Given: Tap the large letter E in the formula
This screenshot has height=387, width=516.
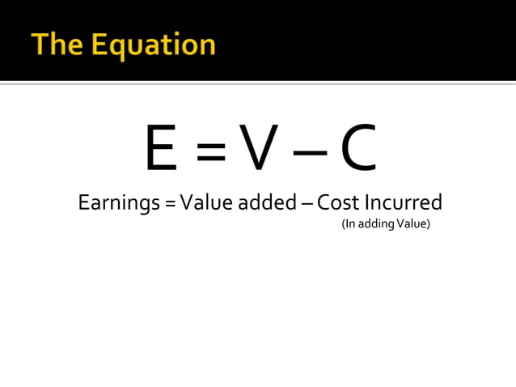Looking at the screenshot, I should (x=161, y=150).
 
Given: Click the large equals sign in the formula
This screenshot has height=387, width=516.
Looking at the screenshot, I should (x=209, y=151).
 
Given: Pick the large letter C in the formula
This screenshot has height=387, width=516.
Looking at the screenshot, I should (x=358, y=150).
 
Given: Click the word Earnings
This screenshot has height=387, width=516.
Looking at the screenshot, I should (x=119, y=203).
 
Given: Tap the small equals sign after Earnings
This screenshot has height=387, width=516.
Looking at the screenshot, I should (x=170, y=203).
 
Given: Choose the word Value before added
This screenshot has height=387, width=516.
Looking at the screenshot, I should (x=206, y=202).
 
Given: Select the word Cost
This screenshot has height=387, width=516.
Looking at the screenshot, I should (x=338, y=202).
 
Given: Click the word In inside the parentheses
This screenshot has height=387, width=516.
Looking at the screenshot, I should (x=349, y=223).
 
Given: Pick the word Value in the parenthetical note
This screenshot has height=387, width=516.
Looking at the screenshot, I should (x=412, y=223).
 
